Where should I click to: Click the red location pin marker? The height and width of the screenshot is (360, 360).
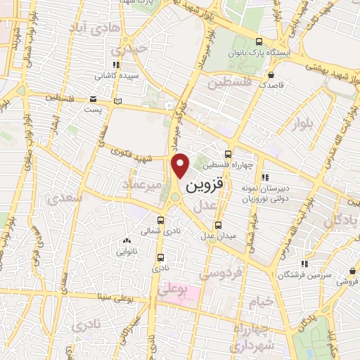pyautogui.click(x=181, y=165)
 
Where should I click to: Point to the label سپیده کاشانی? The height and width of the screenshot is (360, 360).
pyautogui.click(x=116, y=75)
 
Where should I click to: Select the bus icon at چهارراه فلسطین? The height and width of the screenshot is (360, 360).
pyautogui.click(x=228, y=155)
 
